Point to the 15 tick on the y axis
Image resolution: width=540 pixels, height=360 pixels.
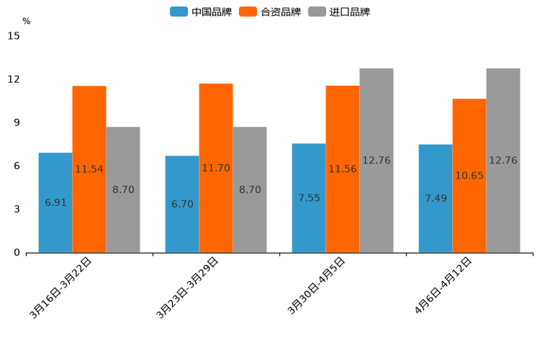(14, 36)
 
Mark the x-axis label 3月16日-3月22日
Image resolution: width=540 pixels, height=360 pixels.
(61, 287)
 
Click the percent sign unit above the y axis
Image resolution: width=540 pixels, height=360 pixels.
(26, 21)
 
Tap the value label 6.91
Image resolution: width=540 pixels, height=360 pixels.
(55, 202)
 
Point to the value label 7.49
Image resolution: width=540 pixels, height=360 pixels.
(435, 198)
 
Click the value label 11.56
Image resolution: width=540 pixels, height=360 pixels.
(343, 169)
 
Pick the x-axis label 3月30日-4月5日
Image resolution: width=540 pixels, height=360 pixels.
(316, 285)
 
